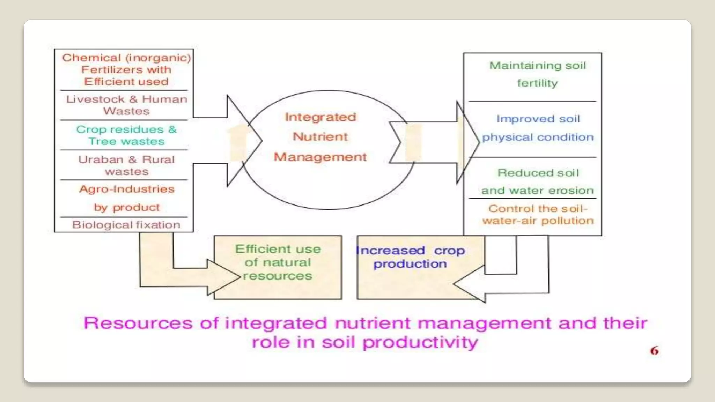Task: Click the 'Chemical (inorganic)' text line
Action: click(126, 58)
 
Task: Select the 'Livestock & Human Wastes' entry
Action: click(126, 105)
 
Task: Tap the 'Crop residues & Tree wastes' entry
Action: click(126, 135)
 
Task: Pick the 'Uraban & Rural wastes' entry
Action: click(126, 165)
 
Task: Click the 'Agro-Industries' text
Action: click(126, 189)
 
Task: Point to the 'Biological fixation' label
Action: click(126, 225)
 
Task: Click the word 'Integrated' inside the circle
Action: click(320, 117)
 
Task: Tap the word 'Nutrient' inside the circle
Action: click(320, 136)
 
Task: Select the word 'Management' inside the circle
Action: click(320, 157)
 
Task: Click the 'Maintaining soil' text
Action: click(538, 66)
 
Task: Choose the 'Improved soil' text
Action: click(538, 119)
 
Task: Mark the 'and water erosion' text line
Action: click(538, 191)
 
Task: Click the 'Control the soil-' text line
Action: click(538, 209)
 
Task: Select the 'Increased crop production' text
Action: click(411, 257)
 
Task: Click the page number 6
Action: click(654, 350)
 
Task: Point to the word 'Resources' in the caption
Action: click(138, 323)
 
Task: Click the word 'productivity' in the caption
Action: click(420, 342)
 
